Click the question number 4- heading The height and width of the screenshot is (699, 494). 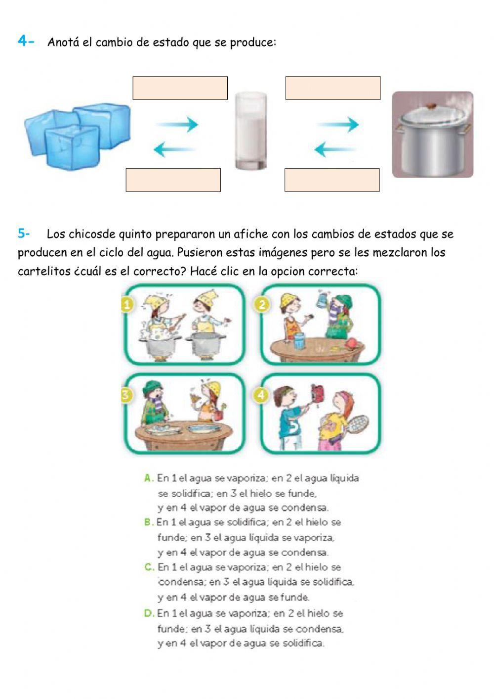coord(26,41)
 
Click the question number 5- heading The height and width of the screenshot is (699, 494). coord(24,233)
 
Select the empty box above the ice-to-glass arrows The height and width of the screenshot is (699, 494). coord(180,88)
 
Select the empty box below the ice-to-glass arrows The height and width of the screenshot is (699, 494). coord(173,180)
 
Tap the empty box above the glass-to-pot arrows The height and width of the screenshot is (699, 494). coord(332,88)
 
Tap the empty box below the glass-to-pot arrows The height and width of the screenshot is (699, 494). coord(331,180)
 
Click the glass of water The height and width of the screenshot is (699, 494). coord(251,131)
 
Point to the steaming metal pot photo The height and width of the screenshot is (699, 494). coord(432,135)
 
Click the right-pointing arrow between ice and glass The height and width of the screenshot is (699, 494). coord(178,125)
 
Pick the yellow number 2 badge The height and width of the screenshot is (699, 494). coord(262,304)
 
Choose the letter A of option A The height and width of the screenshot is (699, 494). coord(148,478)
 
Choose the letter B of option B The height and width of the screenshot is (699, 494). coord(148,522)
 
